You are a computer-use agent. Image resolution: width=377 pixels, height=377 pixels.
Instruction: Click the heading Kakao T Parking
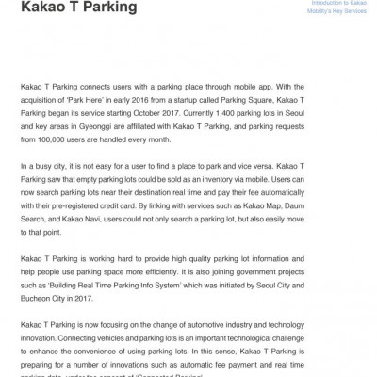point(76,9)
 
